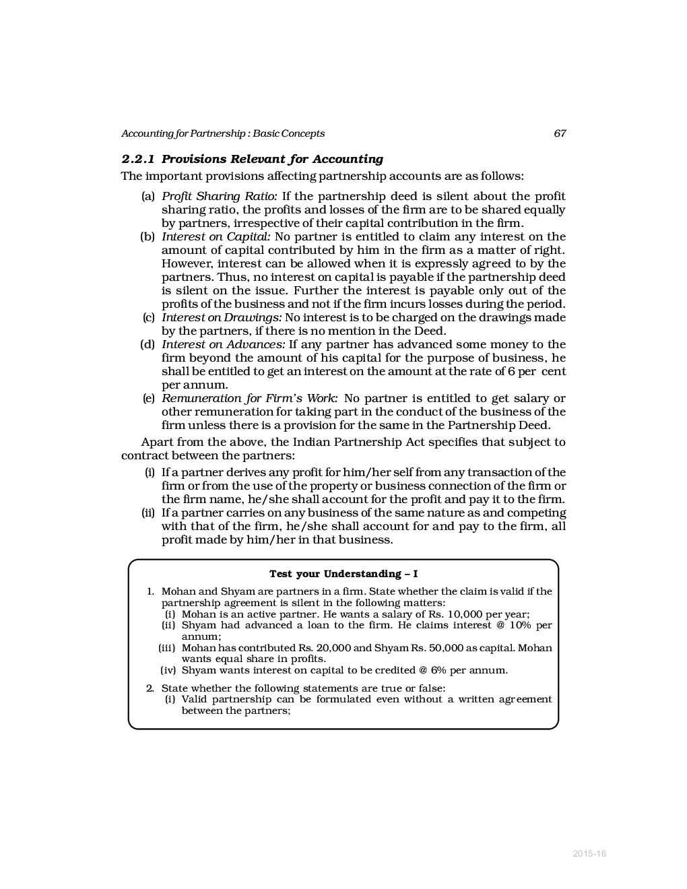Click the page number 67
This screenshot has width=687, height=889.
click(560, 133)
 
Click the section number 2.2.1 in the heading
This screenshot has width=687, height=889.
click(138, 160)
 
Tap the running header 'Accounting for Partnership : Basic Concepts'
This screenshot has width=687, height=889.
click(223, 133)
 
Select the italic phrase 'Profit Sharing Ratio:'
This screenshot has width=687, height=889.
click(219, 197)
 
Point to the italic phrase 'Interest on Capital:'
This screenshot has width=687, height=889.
click(216, 237)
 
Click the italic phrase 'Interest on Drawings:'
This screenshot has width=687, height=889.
click(222, 318)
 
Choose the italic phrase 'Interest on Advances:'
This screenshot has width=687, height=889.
click(224, 345)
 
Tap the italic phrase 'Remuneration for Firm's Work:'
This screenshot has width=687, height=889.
click(249, 399)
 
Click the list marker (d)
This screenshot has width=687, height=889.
click(148, 345)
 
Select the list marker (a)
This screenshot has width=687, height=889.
click(148, 197)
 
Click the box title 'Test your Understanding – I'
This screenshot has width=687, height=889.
click(343, 574)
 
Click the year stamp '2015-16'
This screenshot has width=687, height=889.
click(589, 854)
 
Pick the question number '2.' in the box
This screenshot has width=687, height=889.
click(150, 688)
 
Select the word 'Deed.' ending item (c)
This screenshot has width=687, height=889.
click(430, 331)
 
